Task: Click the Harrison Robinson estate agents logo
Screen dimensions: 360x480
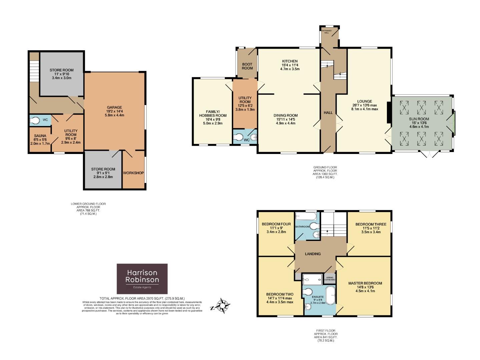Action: [142, 279]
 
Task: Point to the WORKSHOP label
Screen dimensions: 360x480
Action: [133, 173]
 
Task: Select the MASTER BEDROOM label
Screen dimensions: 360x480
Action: [365, 283]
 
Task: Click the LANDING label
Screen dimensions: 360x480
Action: [313, 254]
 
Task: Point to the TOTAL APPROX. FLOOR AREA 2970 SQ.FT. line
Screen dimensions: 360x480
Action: [142, 298]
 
